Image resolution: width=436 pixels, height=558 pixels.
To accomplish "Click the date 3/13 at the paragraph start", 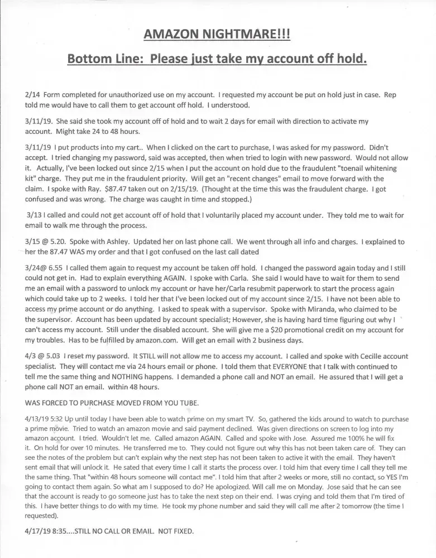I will [36, 215].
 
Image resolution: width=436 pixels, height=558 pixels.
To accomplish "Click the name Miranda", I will [289, 309].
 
